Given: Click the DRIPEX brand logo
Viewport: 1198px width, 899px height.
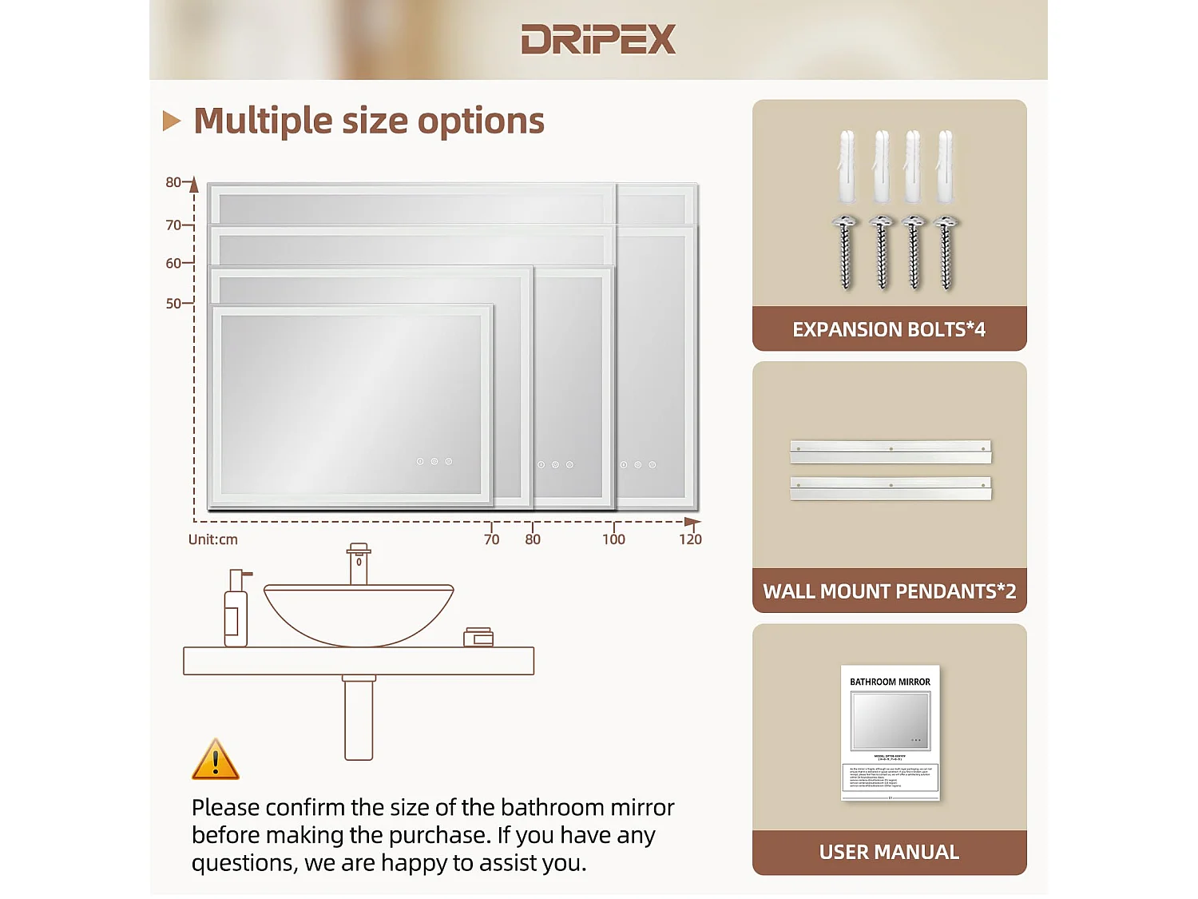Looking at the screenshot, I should point(598,39).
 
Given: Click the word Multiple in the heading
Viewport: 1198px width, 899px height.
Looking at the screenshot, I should point(263,121).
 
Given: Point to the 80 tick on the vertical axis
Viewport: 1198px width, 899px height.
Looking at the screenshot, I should point(173,182).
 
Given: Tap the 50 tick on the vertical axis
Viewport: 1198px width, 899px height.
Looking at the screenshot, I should point(173,304).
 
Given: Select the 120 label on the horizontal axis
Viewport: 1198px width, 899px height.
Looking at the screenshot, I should point(690,539).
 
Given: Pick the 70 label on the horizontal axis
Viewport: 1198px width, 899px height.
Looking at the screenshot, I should point(491,539).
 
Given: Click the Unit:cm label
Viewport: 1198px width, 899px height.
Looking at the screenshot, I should point(212,539).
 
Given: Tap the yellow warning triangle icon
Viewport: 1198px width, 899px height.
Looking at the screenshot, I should point(215,761).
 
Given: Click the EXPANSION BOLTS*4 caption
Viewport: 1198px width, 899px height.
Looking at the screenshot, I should point(889,329).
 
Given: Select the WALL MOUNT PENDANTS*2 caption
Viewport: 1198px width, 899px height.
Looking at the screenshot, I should point(889,591).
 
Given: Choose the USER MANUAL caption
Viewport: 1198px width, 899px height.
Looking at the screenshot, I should point(889,852).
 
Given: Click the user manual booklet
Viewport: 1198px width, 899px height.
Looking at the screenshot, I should point(890,732).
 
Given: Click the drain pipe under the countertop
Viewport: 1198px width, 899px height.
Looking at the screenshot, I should point(359,718).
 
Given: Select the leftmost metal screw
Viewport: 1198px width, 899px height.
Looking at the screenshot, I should point(846,253).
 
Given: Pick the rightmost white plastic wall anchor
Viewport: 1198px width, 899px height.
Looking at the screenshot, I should point(946,167).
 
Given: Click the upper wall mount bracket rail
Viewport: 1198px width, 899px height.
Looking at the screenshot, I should point(891,451).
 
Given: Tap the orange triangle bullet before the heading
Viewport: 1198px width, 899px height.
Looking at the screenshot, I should point(171,121).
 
